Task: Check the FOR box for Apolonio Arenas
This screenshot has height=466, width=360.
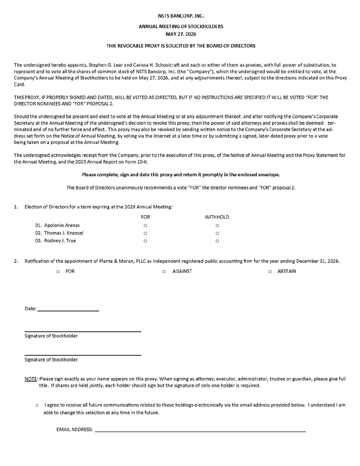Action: [x=145, y=226]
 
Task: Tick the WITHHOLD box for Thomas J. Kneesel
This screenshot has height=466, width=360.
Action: [x=217, y=233]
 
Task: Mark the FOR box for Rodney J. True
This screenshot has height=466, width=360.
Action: [x=145, y=241]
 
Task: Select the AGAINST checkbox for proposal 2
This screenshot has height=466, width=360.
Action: [x=164, y=271]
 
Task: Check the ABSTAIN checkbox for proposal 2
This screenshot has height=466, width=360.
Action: [x=270, y=271]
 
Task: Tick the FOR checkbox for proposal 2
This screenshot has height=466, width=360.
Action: [x=58, y=271]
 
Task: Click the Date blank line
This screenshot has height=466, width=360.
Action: [x=68, y=310]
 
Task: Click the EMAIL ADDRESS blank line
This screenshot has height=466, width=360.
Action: [x=200, y=431]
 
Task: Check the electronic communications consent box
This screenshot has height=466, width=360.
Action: [x=37, y=405]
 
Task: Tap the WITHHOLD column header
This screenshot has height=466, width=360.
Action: [x=217, y=217]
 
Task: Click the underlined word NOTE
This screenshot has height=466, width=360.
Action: [x=31, y=379]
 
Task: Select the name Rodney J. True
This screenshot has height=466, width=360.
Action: [x=60, y=241]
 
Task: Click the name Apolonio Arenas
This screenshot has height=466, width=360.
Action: [x=62, y=225]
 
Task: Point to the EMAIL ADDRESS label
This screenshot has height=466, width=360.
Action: [x=75, y=430]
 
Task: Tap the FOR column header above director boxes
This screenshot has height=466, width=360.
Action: [x=145, y=217]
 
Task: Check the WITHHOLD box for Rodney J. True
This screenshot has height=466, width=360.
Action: [x=217, y=241]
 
